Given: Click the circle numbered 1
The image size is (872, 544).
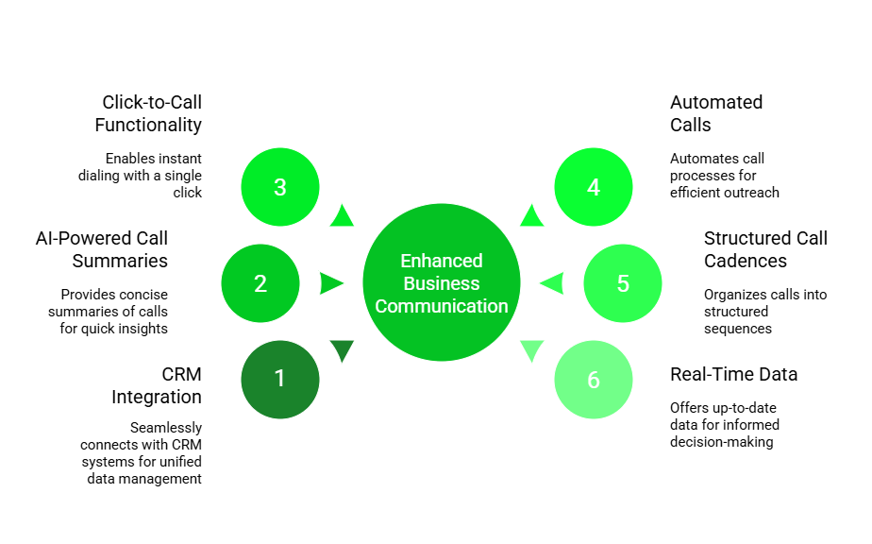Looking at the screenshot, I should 280,380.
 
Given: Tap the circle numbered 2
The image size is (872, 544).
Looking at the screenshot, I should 260,283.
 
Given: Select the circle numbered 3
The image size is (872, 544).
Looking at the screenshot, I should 280,187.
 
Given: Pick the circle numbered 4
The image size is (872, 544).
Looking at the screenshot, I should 594,187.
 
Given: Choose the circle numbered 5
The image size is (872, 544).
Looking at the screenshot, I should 623,283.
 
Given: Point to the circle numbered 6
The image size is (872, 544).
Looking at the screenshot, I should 594,380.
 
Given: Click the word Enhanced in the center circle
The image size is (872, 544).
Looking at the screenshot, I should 441,261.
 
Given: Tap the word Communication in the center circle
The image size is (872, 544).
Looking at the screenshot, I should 441,306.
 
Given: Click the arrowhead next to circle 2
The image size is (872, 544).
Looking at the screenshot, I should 330,283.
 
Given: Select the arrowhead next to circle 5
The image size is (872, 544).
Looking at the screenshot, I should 552,283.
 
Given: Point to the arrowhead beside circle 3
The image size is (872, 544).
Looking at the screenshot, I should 342,217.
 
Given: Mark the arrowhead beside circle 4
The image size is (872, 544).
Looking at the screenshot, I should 532,217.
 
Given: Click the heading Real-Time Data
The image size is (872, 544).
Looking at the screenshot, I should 733,374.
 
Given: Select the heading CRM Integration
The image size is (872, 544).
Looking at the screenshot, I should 157,385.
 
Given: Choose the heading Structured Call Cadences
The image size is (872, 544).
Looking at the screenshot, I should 764,249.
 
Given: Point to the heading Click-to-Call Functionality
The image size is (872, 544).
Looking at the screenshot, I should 150,113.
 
